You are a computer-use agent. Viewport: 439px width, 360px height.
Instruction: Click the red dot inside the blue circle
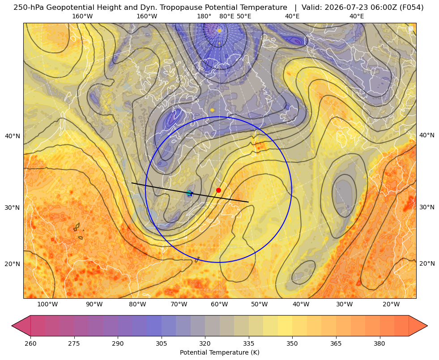pos(218,190)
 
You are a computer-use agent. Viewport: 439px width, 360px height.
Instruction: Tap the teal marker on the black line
pos(189,193)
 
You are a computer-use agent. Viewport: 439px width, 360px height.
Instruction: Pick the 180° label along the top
pos(204,16)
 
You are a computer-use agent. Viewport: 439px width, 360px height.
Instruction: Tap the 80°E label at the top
pos(227,16)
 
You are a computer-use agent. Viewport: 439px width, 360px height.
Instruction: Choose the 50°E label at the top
pos(244,16)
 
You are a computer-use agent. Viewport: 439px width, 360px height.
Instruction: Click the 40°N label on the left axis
pos(13,136)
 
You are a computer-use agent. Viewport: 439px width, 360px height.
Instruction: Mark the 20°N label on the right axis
pos(427,263)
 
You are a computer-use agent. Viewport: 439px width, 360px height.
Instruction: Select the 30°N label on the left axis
pos(13,208)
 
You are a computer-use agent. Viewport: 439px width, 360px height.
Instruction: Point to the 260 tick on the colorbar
pos(30,343)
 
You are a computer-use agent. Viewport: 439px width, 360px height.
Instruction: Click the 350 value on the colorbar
pos(292,343)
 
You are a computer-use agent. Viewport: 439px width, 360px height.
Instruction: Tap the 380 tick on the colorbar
pos(379,343)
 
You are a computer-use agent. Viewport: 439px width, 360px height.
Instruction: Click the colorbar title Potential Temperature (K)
pos(219,352)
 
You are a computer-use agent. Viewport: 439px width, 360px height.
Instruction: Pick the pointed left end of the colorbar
pos(12,326)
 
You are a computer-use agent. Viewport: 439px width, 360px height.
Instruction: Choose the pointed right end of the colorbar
pos(427,326)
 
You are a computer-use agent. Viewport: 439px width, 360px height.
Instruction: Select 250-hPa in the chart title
pos(29,8)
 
